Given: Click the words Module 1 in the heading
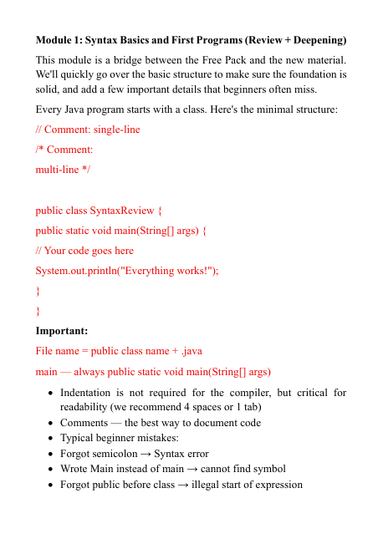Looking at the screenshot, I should [x=58, y=40].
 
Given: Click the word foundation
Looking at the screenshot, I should [x=314, y=74].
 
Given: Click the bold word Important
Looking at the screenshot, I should [x=62, y=331].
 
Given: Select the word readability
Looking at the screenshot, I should [x=86, y=407].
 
